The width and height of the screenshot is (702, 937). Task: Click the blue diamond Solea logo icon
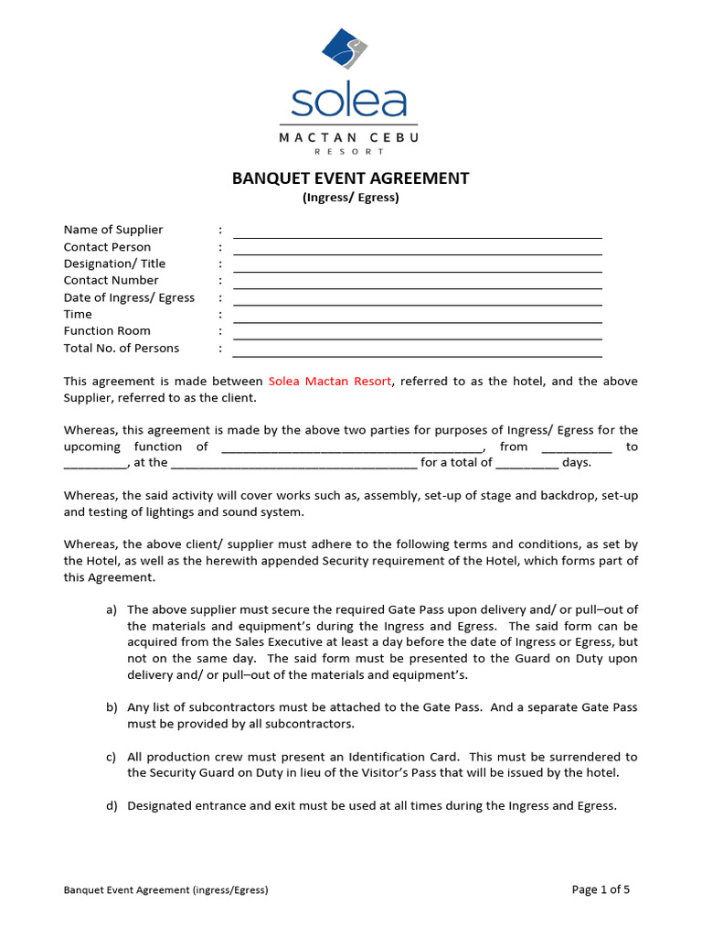[345, 54]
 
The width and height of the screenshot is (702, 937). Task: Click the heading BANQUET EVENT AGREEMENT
[350, 178]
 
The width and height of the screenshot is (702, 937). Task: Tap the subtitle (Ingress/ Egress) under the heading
[351, 198]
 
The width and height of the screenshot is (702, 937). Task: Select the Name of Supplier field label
[113, 230]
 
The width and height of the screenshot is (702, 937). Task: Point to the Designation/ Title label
[114, 264]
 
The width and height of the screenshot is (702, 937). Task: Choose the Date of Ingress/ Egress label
[129, 297]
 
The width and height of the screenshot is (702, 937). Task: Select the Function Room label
[107, 330]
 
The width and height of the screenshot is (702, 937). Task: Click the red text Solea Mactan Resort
[330, 381]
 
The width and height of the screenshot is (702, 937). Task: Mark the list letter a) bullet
[112, 609]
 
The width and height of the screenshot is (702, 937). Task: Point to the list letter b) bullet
[112, 707]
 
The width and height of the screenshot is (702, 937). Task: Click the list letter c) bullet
[112, 757]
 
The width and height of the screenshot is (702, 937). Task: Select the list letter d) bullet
[112, 806]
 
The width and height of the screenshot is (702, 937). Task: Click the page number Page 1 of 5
[601, 889]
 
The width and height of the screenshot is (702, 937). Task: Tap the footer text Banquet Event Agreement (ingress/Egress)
[165, 889]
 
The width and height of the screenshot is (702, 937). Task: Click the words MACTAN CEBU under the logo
[349, 137]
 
